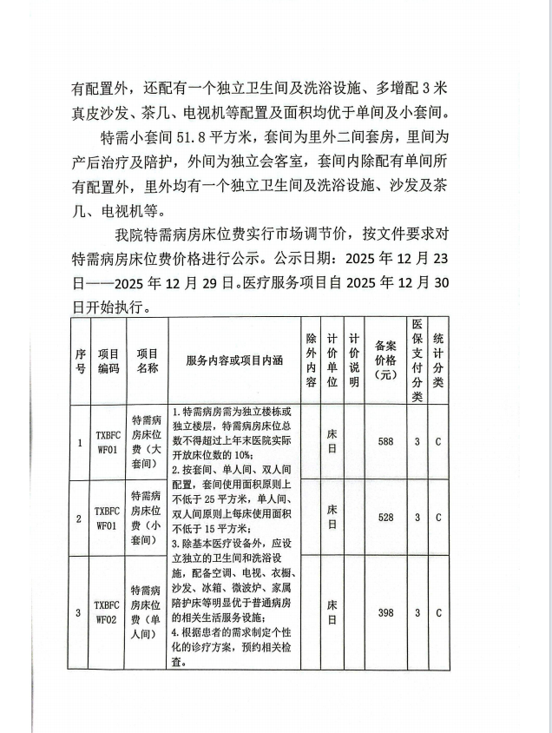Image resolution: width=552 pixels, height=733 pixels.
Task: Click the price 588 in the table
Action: point(386,441)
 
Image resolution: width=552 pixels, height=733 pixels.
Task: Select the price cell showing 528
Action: point(386,518)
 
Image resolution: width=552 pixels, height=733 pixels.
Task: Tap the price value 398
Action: point(386,612)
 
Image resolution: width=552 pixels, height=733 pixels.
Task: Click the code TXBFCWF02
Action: point(108,612)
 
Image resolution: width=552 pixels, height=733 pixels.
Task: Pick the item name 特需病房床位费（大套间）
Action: point(147,442)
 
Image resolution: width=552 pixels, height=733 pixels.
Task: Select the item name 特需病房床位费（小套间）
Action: point(147,518)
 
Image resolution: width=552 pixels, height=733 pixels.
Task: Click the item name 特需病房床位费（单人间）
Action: point(147,612)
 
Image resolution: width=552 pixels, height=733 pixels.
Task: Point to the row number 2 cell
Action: point(80,518)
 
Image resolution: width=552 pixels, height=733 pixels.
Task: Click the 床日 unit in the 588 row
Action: point(332,441)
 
